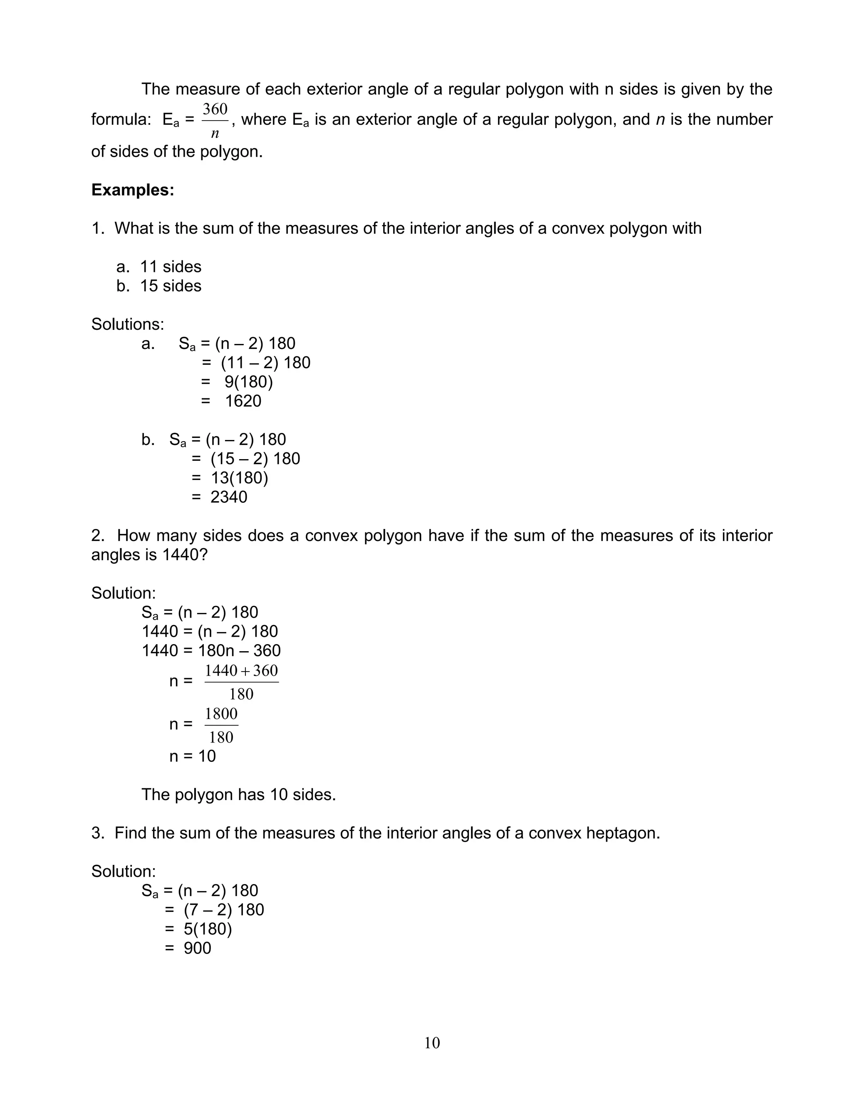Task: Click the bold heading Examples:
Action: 133,190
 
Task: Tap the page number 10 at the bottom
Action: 432,1043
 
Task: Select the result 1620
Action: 243,401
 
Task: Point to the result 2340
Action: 229,497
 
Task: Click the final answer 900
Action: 197,948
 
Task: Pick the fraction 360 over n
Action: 215,121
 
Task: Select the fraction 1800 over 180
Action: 221,725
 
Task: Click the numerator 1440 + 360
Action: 241,671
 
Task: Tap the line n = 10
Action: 192,756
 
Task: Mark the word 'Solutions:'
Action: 128,324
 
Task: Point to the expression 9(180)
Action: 248,382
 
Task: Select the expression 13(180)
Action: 239,478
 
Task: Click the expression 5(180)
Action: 208,929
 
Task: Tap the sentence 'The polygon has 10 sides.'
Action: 238,794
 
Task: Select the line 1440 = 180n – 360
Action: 211,650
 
